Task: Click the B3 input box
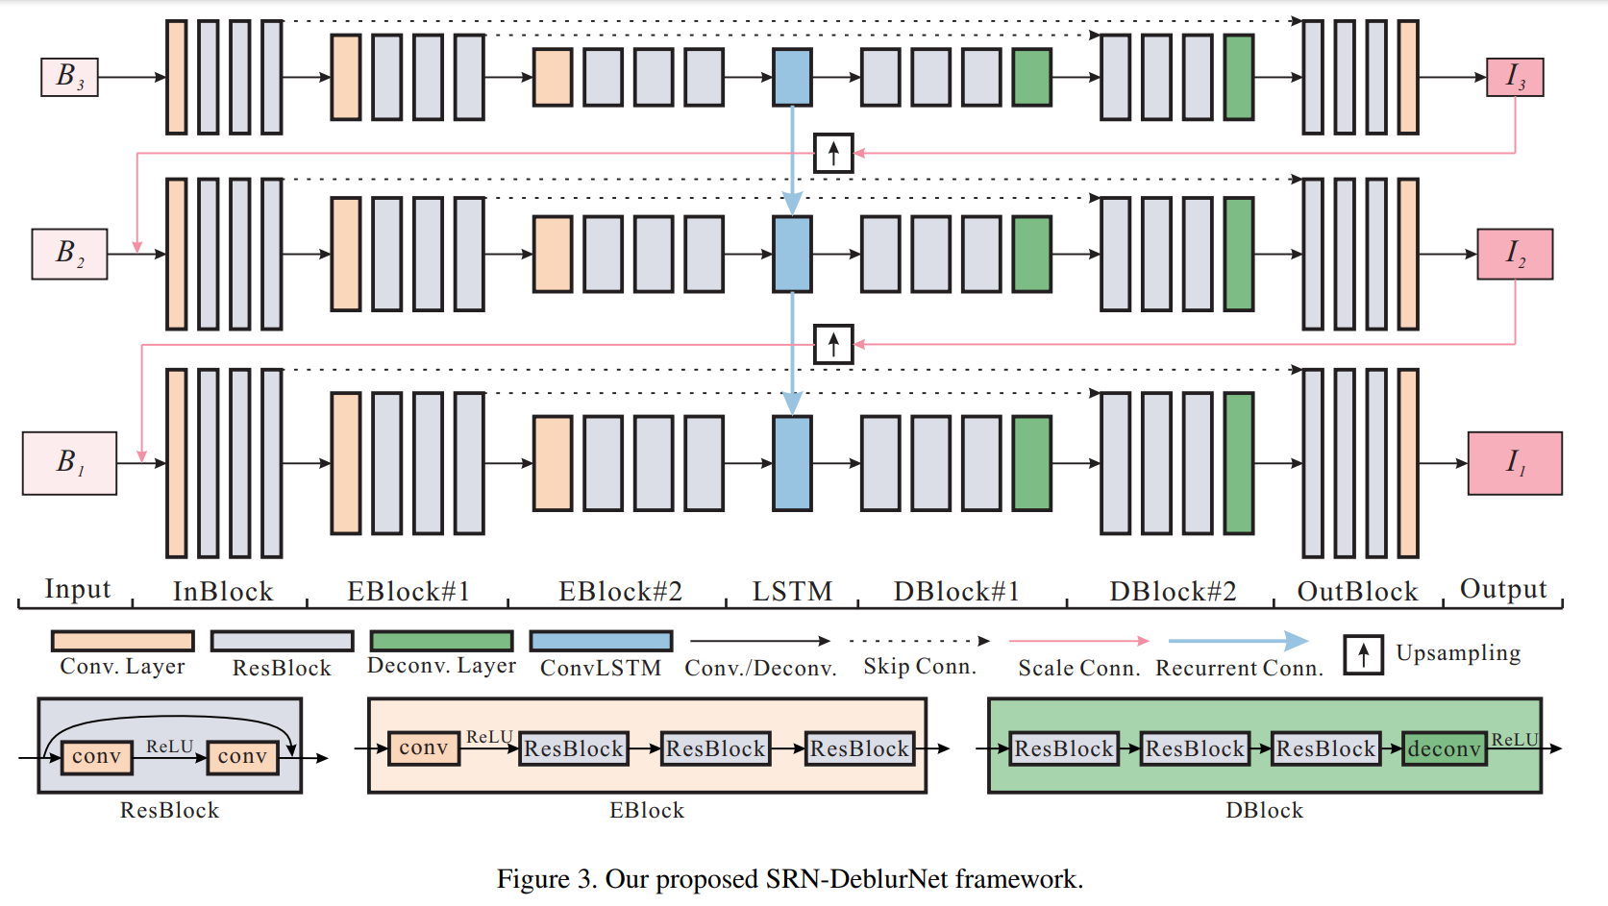point(69,77)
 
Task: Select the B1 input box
point(69,463)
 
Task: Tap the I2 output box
point(1515,255)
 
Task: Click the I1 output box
point(1515,463)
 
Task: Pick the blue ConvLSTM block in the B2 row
point(792,255)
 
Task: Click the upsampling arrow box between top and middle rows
point(833,153)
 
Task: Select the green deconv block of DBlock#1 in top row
point(1031,77)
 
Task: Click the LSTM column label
point(792,592)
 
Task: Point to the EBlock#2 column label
point(620,592)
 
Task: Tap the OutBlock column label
point(1357,592)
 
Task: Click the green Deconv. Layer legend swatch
point(441,641)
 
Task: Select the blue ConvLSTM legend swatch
point(601,641)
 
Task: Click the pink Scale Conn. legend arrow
point(1078,641)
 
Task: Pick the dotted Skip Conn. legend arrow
point(919,641)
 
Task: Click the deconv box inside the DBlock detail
point(1445,748)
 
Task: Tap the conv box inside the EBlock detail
point(424,748)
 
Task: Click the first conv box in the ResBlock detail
point(96,757)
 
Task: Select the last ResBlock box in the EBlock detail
point(859,748)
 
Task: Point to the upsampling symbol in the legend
point(1363,654)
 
